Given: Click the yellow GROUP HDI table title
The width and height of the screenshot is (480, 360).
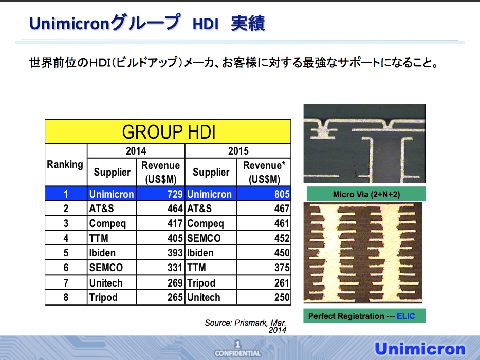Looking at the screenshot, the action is pos(168,131).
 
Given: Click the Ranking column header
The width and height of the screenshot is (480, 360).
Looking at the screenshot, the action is pos(65,164).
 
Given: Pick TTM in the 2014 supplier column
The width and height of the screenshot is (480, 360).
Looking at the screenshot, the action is pos(99,238).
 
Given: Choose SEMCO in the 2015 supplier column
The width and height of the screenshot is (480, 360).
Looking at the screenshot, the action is pos(204,238).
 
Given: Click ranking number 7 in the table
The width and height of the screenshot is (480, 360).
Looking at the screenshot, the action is pos(66,283).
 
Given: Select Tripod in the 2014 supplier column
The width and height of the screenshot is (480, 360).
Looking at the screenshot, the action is pos(103,297).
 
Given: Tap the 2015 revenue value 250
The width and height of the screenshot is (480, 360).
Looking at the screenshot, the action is pos(282,297).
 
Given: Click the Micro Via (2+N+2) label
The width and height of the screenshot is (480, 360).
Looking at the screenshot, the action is pos(366,194).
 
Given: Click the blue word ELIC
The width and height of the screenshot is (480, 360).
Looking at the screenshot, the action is pos(405,316).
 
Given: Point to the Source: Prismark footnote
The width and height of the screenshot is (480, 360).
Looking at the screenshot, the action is pos(246,326).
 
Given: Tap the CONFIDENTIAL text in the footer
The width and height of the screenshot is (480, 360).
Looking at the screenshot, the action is pos(237,353).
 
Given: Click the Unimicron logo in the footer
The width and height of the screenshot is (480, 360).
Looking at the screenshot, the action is pos(420,349).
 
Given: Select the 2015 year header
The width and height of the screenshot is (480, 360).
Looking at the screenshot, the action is pos(238,151).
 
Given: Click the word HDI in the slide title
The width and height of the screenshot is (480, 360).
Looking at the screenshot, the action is pos(206,24).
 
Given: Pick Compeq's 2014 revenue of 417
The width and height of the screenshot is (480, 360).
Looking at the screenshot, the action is pos(175,223).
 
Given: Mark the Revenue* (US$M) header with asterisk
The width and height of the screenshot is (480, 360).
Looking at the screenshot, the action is pos(264,172).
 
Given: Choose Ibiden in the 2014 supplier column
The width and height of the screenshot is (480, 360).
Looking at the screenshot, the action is pos(102,253).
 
